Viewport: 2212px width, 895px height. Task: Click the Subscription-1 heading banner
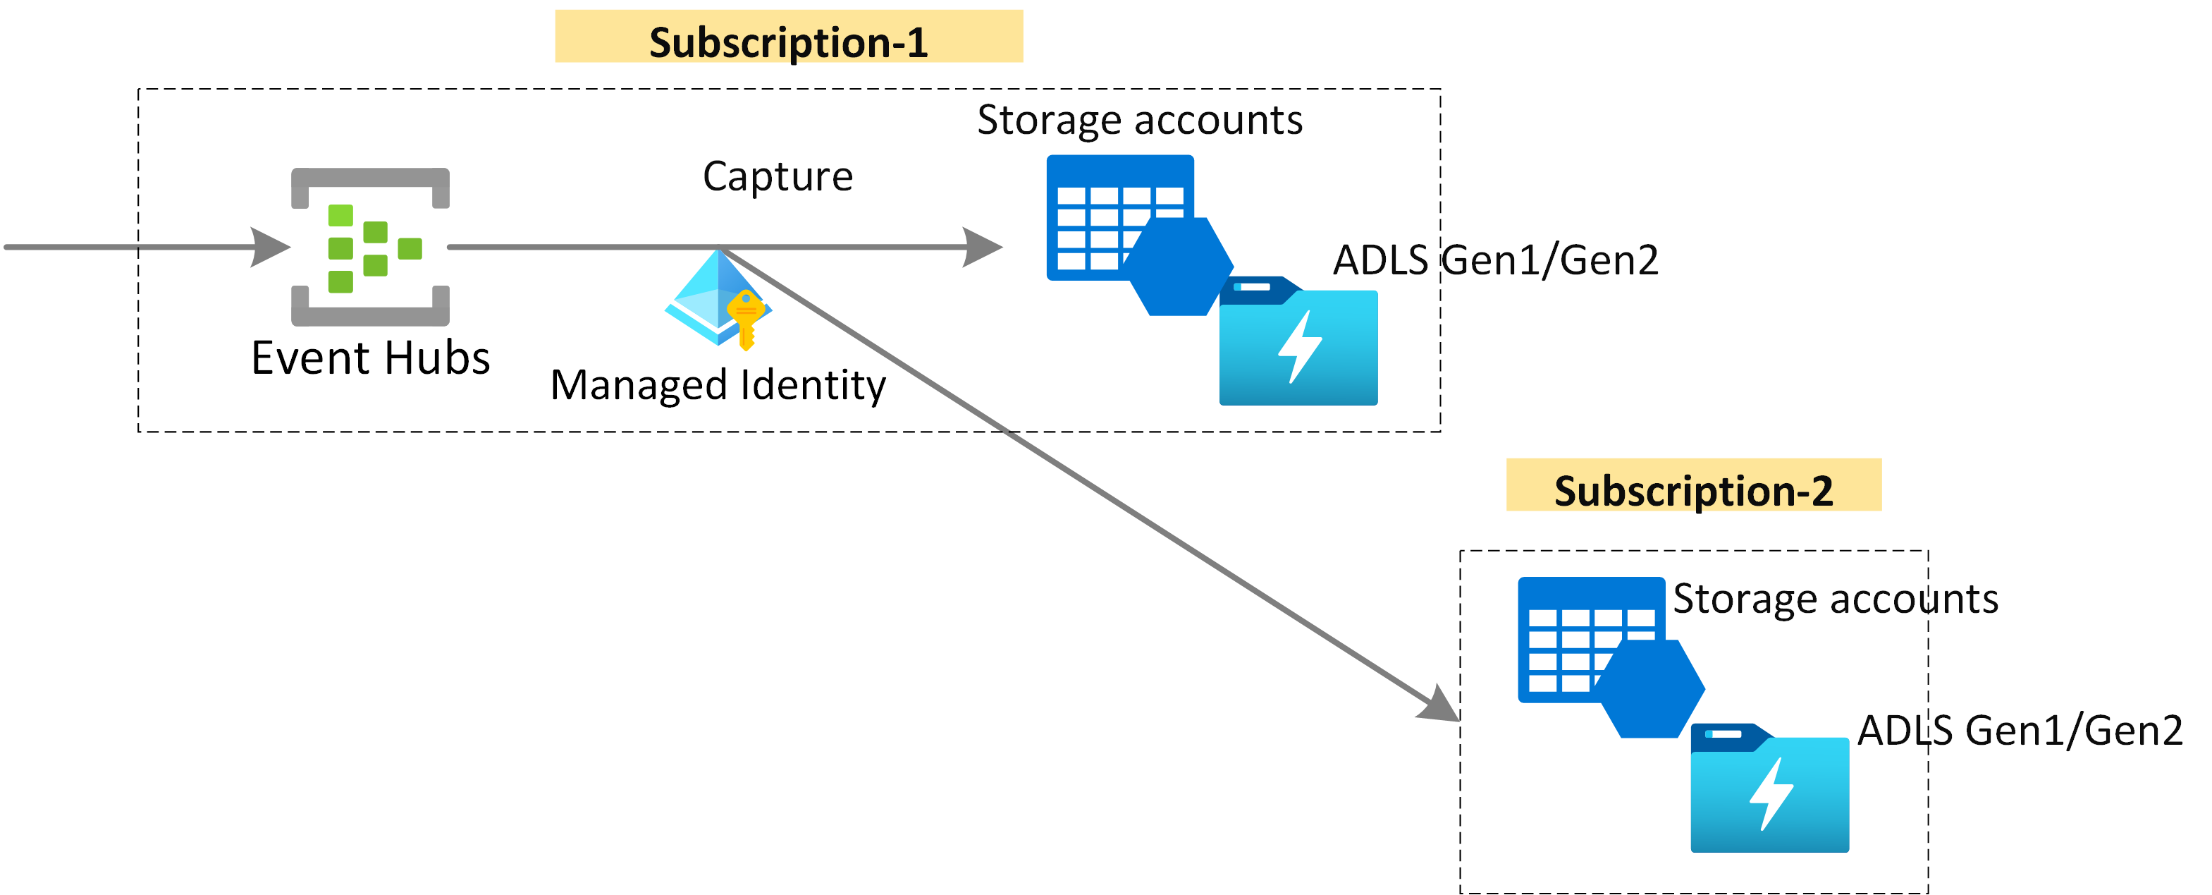788,38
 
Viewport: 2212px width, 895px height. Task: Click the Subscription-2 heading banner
1692,486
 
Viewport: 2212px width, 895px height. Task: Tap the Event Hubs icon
370,248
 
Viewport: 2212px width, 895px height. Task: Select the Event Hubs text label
370,358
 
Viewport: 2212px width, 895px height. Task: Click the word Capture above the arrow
777,176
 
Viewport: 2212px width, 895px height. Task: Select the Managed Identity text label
718,385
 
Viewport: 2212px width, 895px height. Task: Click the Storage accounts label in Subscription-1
1140,120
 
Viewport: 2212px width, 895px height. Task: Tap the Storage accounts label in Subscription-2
1835,599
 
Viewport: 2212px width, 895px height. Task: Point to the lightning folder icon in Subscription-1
1298,343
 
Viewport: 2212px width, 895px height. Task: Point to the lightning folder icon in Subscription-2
1769,790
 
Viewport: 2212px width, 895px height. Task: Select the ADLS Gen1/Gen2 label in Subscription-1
1495,260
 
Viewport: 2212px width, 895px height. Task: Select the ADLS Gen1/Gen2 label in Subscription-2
2020,731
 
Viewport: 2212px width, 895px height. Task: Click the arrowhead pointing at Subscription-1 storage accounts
981,248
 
